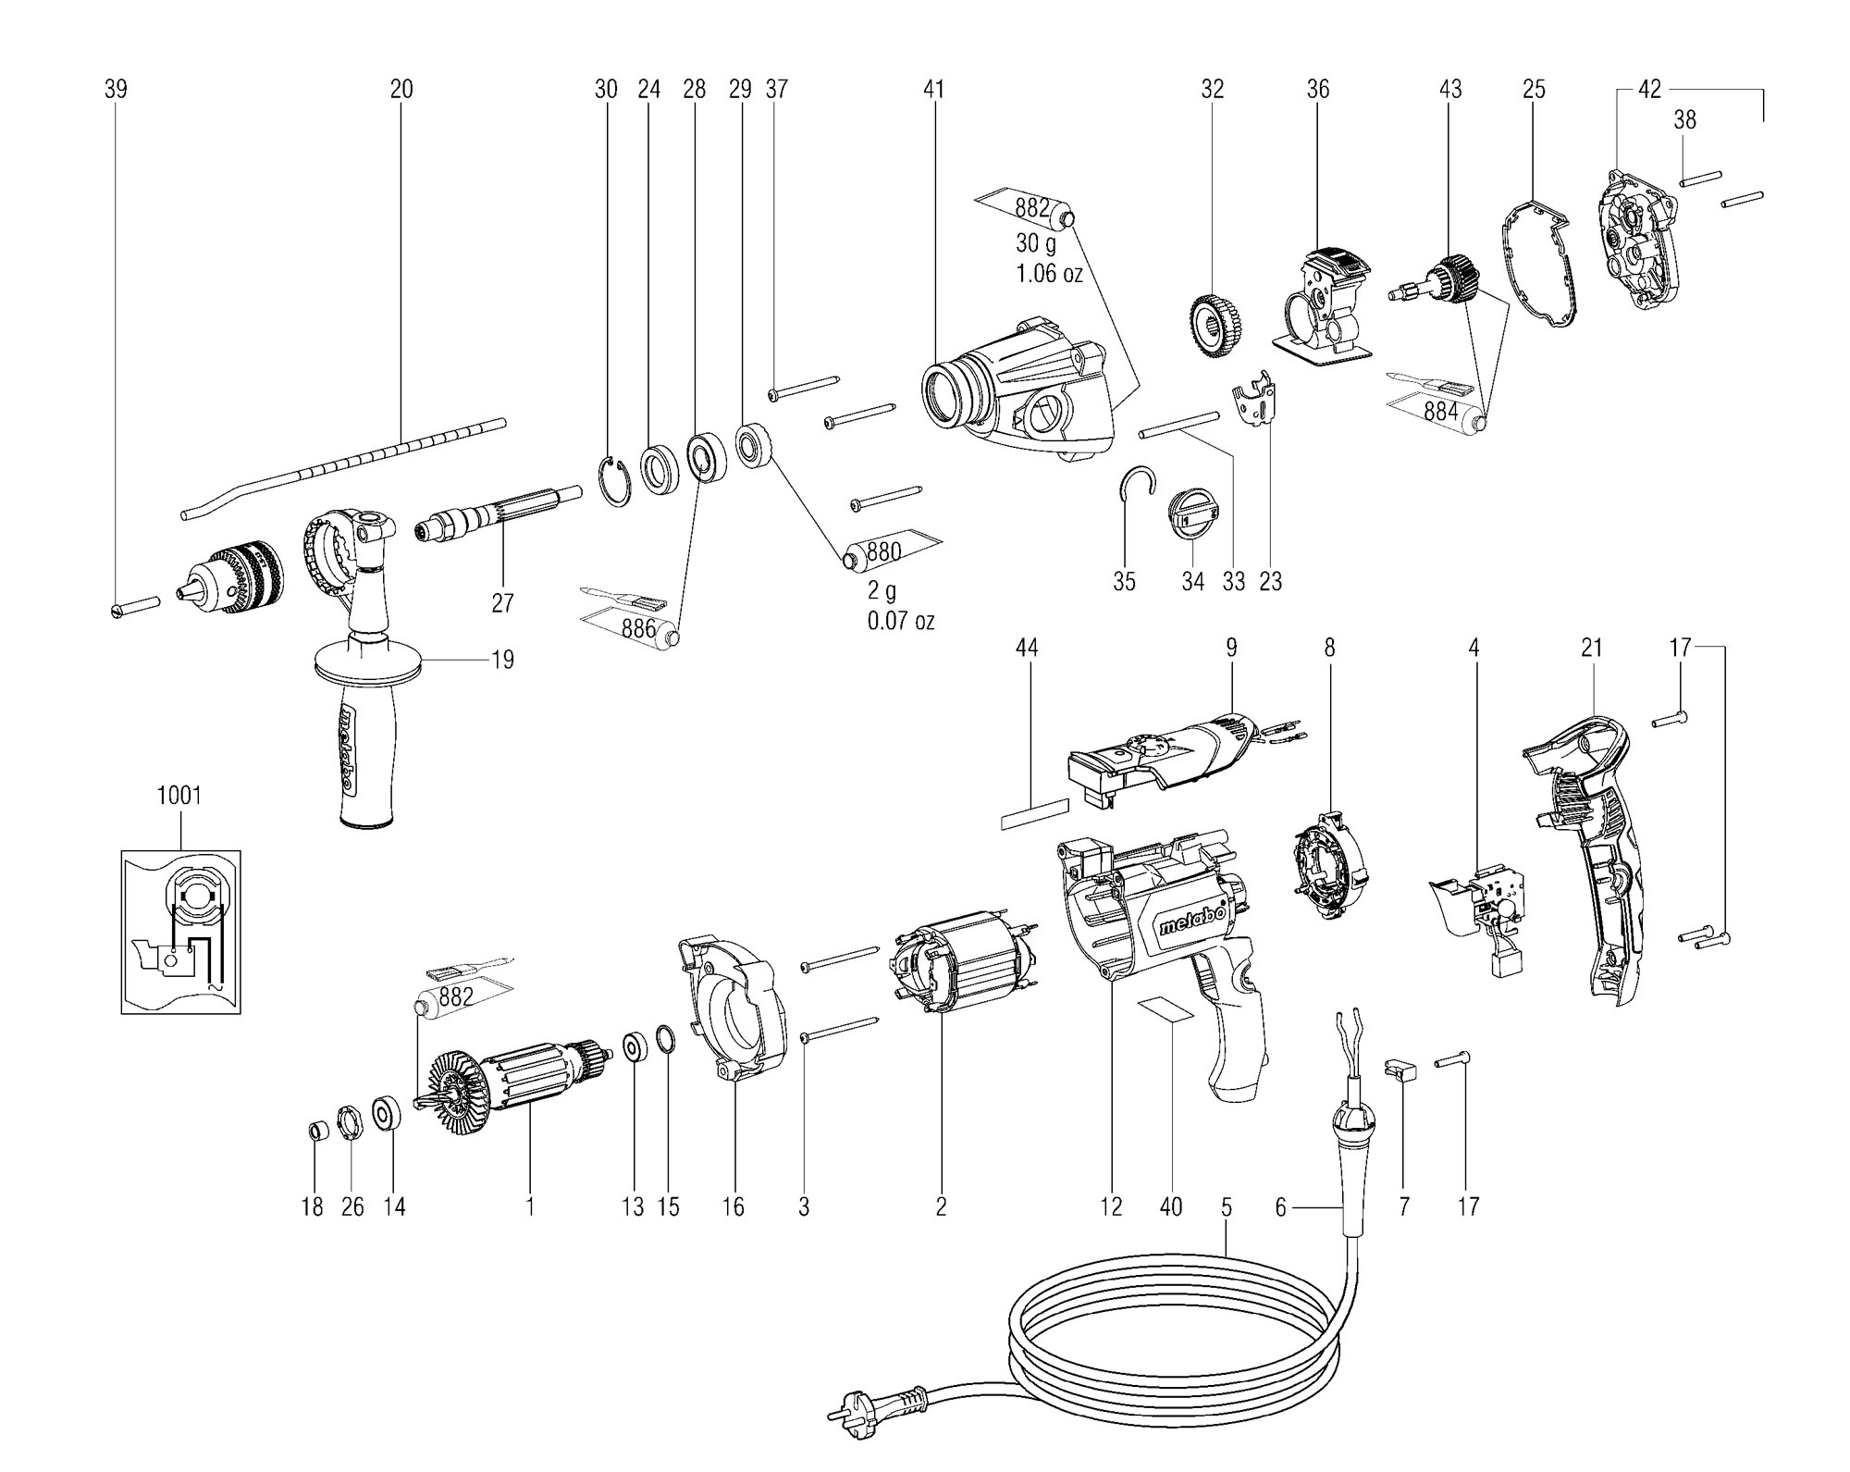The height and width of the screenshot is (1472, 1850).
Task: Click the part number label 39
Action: pos(116,89)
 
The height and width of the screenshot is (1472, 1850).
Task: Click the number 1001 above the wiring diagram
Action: pos(179,796)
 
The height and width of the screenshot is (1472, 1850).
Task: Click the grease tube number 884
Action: pos(1441,412)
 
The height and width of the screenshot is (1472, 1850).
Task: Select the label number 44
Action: pos(1027,648)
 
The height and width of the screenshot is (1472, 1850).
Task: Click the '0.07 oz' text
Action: pos(900,620)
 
